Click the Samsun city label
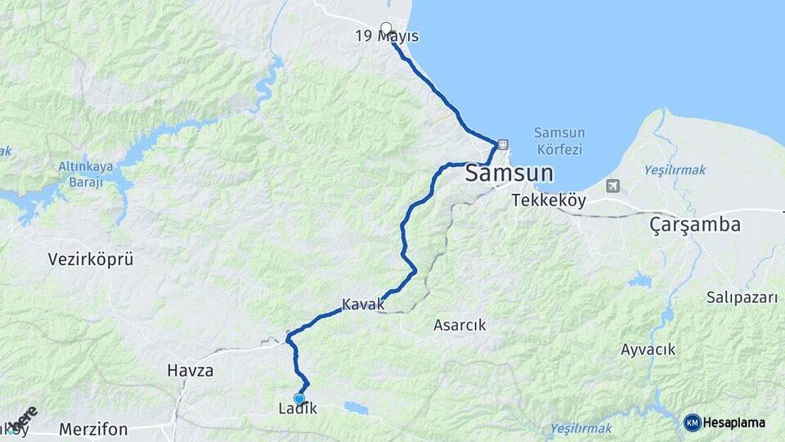click(509, 174)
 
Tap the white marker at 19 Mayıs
click(386, 28)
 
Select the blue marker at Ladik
click(299, 399)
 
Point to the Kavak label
click(363, 304)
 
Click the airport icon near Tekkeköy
click(612, 186)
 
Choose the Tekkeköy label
click(544, 200)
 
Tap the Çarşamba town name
click(695, 224)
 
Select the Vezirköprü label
click(91, 259)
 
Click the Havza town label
click(190, 370)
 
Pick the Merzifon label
click(93, 429)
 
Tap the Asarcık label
click(459, 325)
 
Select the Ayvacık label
click(648, 350)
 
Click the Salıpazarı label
click(742, 298)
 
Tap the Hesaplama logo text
click(734, 423)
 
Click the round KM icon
click(692, 423)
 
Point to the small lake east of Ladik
click(355, 407)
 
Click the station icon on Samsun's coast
click(502, 144)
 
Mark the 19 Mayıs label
click(387, 37)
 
